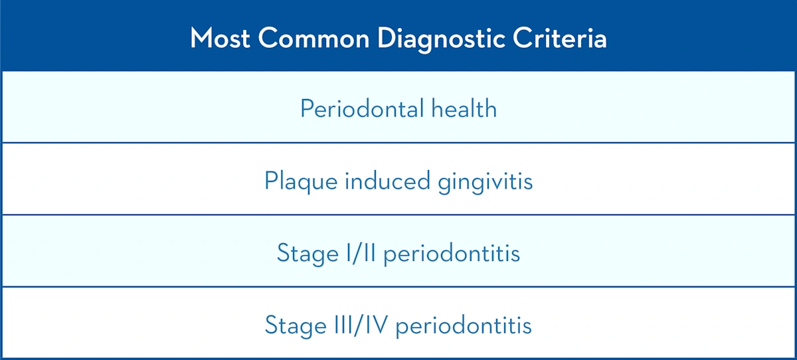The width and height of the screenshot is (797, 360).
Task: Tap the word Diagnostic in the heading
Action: click(x=441, y=38)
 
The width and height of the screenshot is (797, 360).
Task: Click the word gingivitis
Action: click(x=486, y=181)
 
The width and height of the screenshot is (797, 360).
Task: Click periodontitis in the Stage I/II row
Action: click(x=452, y=254)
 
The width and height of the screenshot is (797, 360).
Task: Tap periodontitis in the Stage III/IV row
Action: click(x=465, y=326)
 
